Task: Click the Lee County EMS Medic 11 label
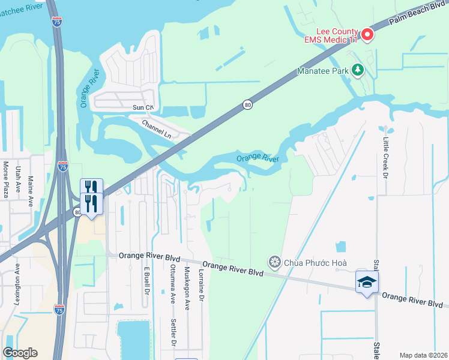point(337,36)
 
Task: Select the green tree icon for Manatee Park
point(358,70)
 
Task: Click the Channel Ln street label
point(157,129)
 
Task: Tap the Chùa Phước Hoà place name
point(316,262)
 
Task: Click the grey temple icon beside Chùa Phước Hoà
point(275,262)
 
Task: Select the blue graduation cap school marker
point(367,282)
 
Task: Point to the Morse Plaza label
point(6,179)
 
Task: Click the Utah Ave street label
point(19,179)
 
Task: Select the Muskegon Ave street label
point(187,288)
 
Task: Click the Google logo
point(20,353)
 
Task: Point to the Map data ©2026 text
point(423,355)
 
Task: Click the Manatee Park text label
point(324,71)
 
